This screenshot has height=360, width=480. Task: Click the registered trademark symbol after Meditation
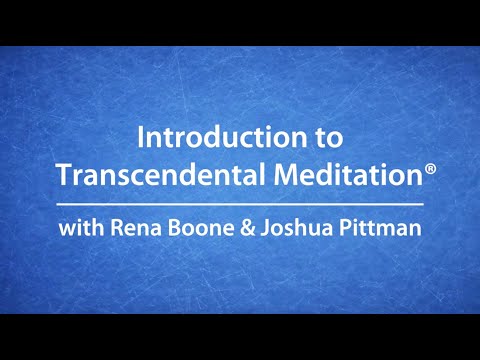(431, 170)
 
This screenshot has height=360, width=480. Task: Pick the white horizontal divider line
(240, 204)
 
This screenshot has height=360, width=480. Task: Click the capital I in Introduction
(140, 136)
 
